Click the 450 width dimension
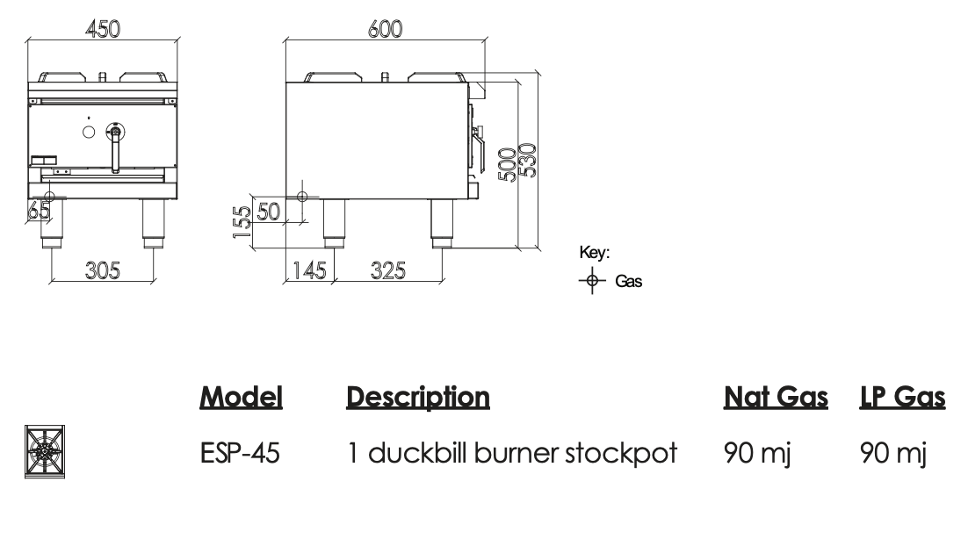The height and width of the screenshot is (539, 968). [x=103, y=28]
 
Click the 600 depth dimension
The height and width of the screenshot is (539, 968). [x=385, y=28]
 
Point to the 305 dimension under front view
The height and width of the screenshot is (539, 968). [x=102, y=270]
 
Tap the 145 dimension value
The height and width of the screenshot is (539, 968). [x=308, y=270]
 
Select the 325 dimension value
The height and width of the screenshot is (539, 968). [x=388, y=270]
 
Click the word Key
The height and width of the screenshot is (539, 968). [x=595, y=253]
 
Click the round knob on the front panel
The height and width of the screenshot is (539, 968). [x=89, y=133]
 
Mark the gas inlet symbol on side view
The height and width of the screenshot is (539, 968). [x=302, y=196]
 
